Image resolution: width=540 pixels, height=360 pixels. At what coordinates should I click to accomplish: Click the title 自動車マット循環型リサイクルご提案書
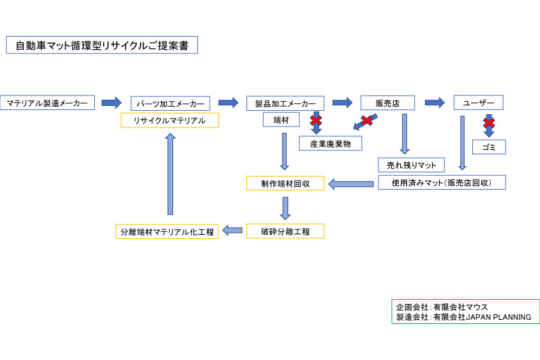(x=102, y=45)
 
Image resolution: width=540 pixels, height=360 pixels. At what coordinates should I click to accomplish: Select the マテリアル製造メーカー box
(x=47, y=103)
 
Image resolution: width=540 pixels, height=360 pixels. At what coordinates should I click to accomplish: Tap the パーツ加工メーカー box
(x=170, y=104)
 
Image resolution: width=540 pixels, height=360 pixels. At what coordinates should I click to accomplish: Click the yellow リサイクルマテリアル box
(x=170, y=120)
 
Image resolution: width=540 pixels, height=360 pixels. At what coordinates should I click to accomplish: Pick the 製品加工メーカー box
(x=285, y=104)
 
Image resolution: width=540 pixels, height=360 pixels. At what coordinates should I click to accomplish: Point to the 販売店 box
(x=387, y=103)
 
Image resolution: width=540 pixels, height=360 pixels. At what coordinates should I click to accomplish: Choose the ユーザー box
(x=478, y=102)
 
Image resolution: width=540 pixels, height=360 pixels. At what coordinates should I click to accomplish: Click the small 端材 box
(x=281, y=120)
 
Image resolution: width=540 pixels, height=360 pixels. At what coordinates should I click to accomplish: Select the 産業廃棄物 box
(x=330, y=143)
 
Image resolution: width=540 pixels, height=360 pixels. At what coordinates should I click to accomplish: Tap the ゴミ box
(x=489, y=147)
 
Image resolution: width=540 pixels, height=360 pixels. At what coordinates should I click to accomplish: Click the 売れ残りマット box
(x=411, y=165)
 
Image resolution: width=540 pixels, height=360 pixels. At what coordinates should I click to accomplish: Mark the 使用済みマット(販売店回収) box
(x=442, y=183)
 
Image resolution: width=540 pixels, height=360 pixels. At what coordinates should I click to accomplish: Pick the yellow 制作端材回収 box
(x=285, y=183)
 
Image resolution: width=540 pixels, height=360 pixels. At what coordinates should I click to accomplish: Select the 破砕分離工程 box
(x=285, y=231)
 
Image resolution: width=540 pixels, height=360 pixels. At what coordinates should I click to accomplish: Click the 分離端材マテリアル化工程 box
(x=167, y=232)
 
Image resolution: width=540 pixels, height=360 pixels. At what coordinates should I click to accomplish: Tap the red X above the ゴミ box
(x=489, y=123)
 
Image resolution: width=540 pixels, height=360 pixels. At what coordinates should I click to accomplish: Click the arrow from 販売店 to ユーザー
(x=434, y=102)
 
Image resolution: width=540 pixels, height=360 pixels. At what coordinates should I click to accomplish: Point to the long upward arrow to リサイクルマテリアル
(x=170, y=174)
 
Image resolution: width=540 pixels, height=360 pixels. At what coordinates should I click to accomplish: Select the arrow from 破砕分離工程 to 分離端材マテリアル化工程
(x=233, y=231)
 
